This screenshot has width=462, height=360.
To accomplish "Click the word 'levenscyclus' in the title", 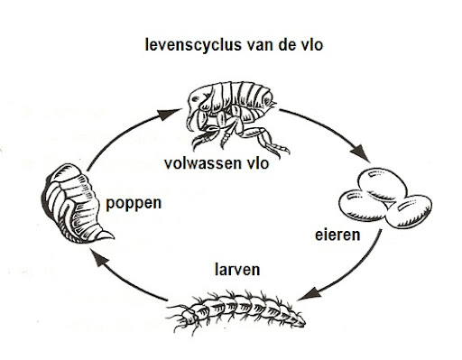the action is (x=193, y=45).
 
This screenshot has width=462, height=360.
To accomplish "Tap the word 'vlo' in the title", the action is (x=311, y=44).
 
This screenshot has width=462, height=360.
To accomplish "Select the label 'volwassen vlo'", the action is (x=217, y=163).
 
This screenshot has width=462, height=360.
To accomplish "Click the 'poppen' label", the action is (x=134, y=204).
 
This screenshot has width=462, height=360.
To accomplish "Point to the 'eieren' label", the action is (x=337, y=235).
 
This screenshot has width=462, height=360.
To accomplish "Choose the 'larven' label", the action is (x=237, y=270).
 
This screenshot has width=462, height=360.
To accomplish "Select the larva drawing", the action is (x=236, y=312).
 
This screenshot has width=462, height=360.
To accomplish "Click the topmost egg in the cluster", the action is (x=383, y=184).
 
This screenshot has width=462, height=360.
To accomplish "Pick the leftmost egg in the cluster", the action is (x=363, y=206).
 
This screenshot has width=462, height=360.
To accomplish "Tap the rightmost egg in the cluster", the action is (x=410, y=211).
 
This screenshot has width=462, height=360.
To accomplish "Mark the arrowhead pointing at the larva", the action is (x=310, y=293).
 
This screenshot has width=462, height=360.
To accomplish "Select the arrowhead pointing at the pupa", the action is (x=98, y=258).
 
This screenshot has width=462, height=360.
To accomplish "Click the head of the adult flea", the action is (x=197, y=99).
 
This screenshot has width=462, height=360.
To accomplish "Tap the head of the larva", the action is (x=187, y=315).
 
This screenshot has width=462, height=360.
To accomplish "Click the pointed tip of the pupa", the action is (x=113, y=237).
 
